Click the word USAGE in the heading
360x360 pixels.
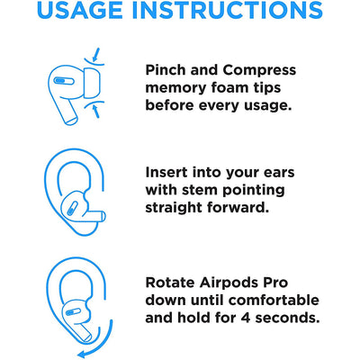pos(80,10)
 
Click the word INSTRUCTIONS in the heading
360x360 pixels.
pos(228,10)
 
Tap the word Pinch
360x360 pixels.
pos(166,70)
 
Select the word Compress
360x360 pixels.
pos(259,71)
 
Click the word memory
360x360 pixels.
pos(175,89)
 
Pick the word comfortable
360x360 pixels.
pos(270,300)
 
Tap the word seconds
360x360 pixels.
pos(287,318)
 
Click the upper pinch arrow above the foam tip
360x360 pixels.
pos(95,54)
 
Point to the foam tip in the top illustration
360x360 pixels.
pos(92,83)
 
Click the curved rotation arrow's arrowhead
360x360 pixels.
pos(82,354)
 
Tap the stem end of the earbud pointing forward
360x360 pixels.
pos(103,216)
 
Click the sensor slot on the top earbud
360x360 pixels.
pos(64,81)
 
